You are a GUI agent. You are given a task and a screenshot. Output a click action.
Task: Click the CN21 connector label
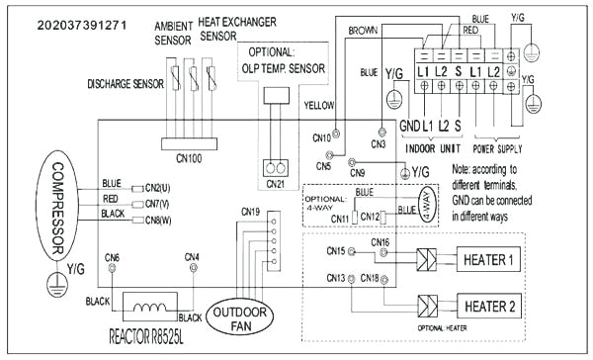pyautogui.click(x=275, y=183)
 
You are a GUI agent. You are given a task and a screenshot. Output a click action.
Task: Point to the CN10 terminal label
pyautogui.click(x=319, y=136)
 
